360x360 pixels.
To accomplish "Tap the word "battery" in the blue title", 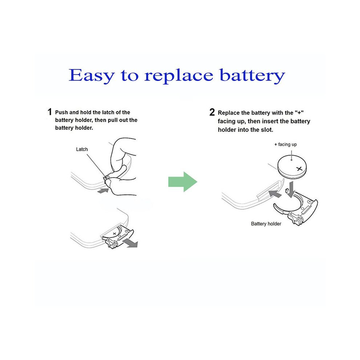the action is [x=252, y=76].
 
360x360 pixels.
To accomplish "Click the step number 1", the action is [x=49, y=112].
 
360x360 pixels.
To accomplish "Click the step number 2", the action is [x=212, y=112].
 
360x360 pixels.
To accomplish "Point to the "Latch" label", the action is [x=82, y=149].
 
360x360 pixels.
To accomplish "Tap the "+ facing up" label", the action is [x=285, y=144].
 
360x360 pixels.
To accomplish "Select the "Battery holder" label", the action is [x=266, y=224].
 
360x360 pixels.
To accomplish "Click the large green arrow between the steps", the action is [x=183, y=181].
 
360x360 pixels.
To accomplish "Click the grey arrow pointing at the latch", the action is [x=103, y=190].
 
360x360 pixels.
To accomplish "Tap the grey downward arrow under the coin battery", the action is [x=291, y=189].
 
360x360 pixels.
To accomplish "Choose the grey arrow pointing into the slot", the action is [x=275, y=194].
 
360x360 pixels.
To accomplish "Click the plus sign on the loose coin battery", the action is [x=299, y=169].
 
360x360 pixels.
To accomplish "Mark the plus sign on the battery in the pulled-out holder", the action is [x=115, y=233].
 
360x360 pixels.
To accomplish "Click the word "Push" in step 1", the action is [x=61, y=112].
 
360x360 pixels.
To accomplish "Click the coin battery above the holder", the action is [x=292, y=167].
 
